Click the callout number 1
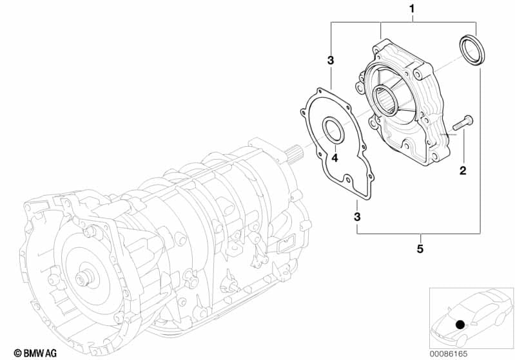tap(412, 9)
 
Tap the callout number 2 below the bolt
tap(463, 171)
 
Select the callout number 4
tap(335, 158)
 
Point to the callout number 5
tap(420, 249)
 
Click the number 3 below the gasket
tap(357, 217)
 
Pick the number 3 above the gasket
tap(331, 61)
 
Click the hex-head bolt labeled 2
tap(463, 122)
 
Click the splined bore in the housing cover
tap(385, 99)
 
